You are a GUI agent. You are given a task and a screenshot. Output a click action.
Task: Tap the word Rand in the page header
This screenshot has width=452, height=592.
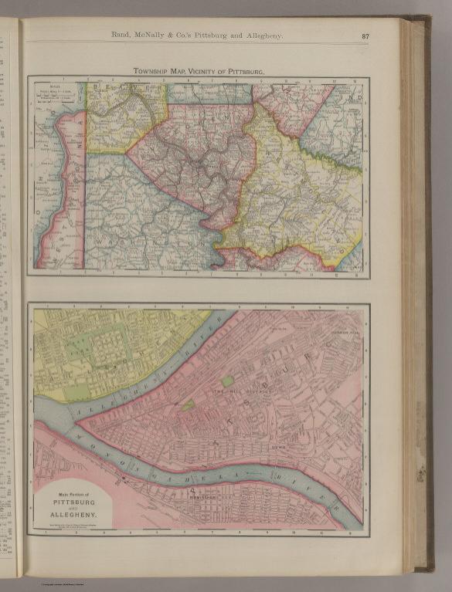coord(124,35)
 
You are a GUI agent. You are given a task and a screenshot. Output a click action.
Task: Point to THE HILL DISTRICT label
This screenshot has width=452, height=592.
coord(235,394)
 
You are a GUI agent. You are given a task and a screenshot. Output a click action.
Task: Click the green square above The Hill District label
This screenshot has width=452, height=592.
coord(227,381)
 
